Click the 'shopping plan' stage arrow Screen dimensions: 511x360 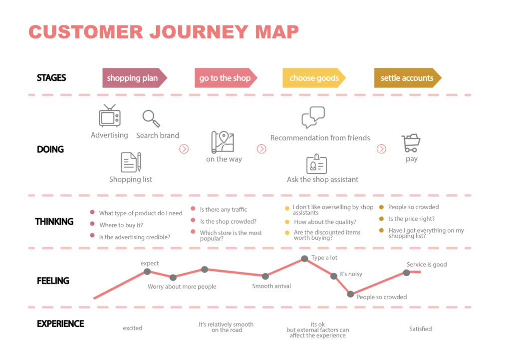(134, 78)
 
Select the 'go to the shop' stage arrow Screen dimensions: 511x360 (226, 78)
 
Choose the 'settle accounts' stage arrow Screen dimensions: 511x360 (407, 78)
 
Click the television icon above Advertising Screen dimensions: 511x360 (110, 115)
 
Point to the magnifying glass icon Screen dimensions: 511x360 (151, 118)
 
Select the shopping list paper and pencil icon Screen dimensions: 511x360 (131, 162)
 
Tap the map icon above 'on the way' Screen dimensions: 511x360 (223, 142)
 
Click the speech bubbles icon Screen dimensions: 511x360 (313, 117)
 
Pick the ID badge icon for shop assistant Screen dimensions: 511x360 (316, 164)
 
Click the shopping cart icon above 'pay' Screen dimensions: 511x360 (411, 143)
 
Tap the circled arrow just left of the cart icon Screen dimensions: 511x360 (381, 149)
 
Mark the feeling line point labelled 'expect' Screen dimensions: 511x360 (147, 272)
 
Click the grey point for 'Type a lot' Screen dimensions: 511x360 (304, 259)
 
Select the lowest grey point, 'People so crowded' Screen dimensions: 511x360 (350, 294)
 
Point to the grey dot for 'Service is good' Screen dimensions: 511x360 (406, 273)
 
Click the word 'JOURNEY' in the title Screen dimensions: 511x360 (199, 32)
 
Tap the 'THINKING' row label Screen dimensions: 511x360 (54, 222)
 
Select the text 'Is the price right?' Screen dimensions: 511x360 (412, 219)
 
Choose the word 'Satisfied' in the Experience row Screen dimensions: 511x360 (420, 329)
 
